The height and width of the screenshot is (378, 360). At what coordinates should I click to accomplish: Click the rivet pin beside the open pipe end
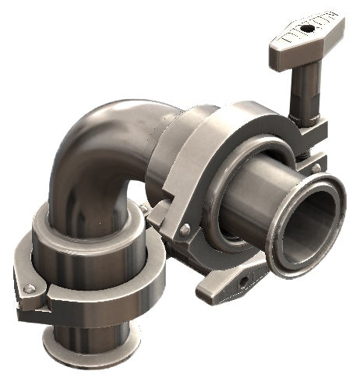(317, 167)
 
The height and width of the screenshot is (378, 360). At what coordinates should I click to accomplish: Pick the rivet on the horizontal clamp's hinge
(184, 229)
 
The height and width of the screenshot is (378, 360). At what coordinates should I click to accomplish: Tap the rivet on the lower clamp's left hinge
(29, 288)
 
